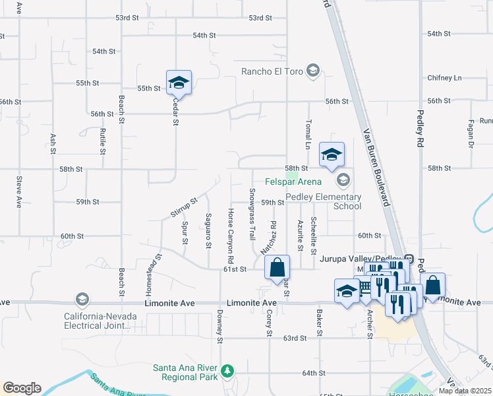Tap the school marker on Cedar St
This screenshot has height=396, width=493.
(x=179, y=83)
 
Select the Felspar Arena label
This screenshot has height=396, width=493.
(x=293, y=181)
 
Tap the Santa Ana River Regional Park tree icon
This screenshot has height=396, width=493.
(x=227, y=371)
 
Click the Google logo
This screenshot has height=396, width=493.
(x=22, y=388)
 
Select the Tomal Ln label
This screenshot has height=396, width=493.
(x=307, y=135)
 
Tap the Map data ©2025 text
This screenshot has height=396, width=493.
(x=465, y=391)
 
